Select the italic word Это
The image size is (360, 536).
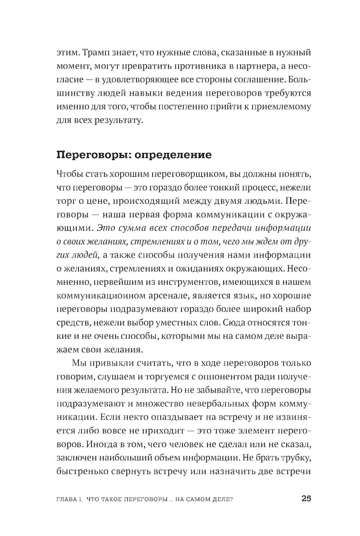pyautogui.click(x=105, y=228)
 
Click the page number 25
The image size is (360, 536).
pyautogui.click(x=306, y=499)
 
